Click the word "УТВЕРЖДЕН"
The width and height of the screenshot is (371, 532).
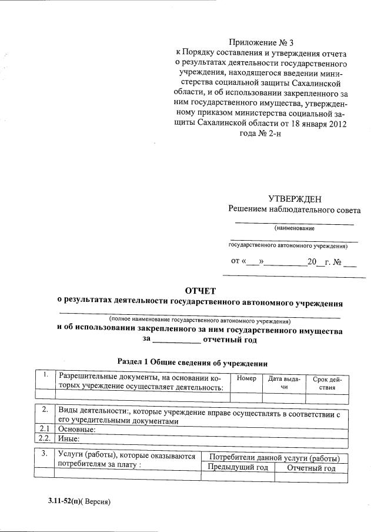295,199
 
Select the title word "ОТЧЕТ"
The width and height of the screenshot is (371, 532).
200,291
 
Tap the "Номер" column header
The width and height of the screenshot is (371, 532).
246,378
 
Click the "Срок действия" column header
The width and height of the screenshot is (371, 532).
323,383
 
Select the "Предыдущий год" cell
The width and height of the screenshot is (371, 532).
238,468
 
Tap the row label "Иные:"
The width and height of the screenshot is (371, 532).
68,438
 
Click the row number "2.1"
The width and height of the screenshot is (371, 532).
43,429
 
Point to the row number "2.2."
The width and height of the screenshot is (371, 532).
44,438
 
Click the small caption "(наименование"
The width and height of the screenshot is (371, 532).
294,228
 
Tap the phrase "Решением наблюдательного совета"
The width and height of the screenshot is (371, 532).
295,210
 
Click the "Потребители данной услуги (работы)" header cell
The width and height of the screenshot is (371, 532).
275,457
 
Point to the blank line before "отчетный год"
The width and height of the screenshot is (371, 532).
176,340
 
